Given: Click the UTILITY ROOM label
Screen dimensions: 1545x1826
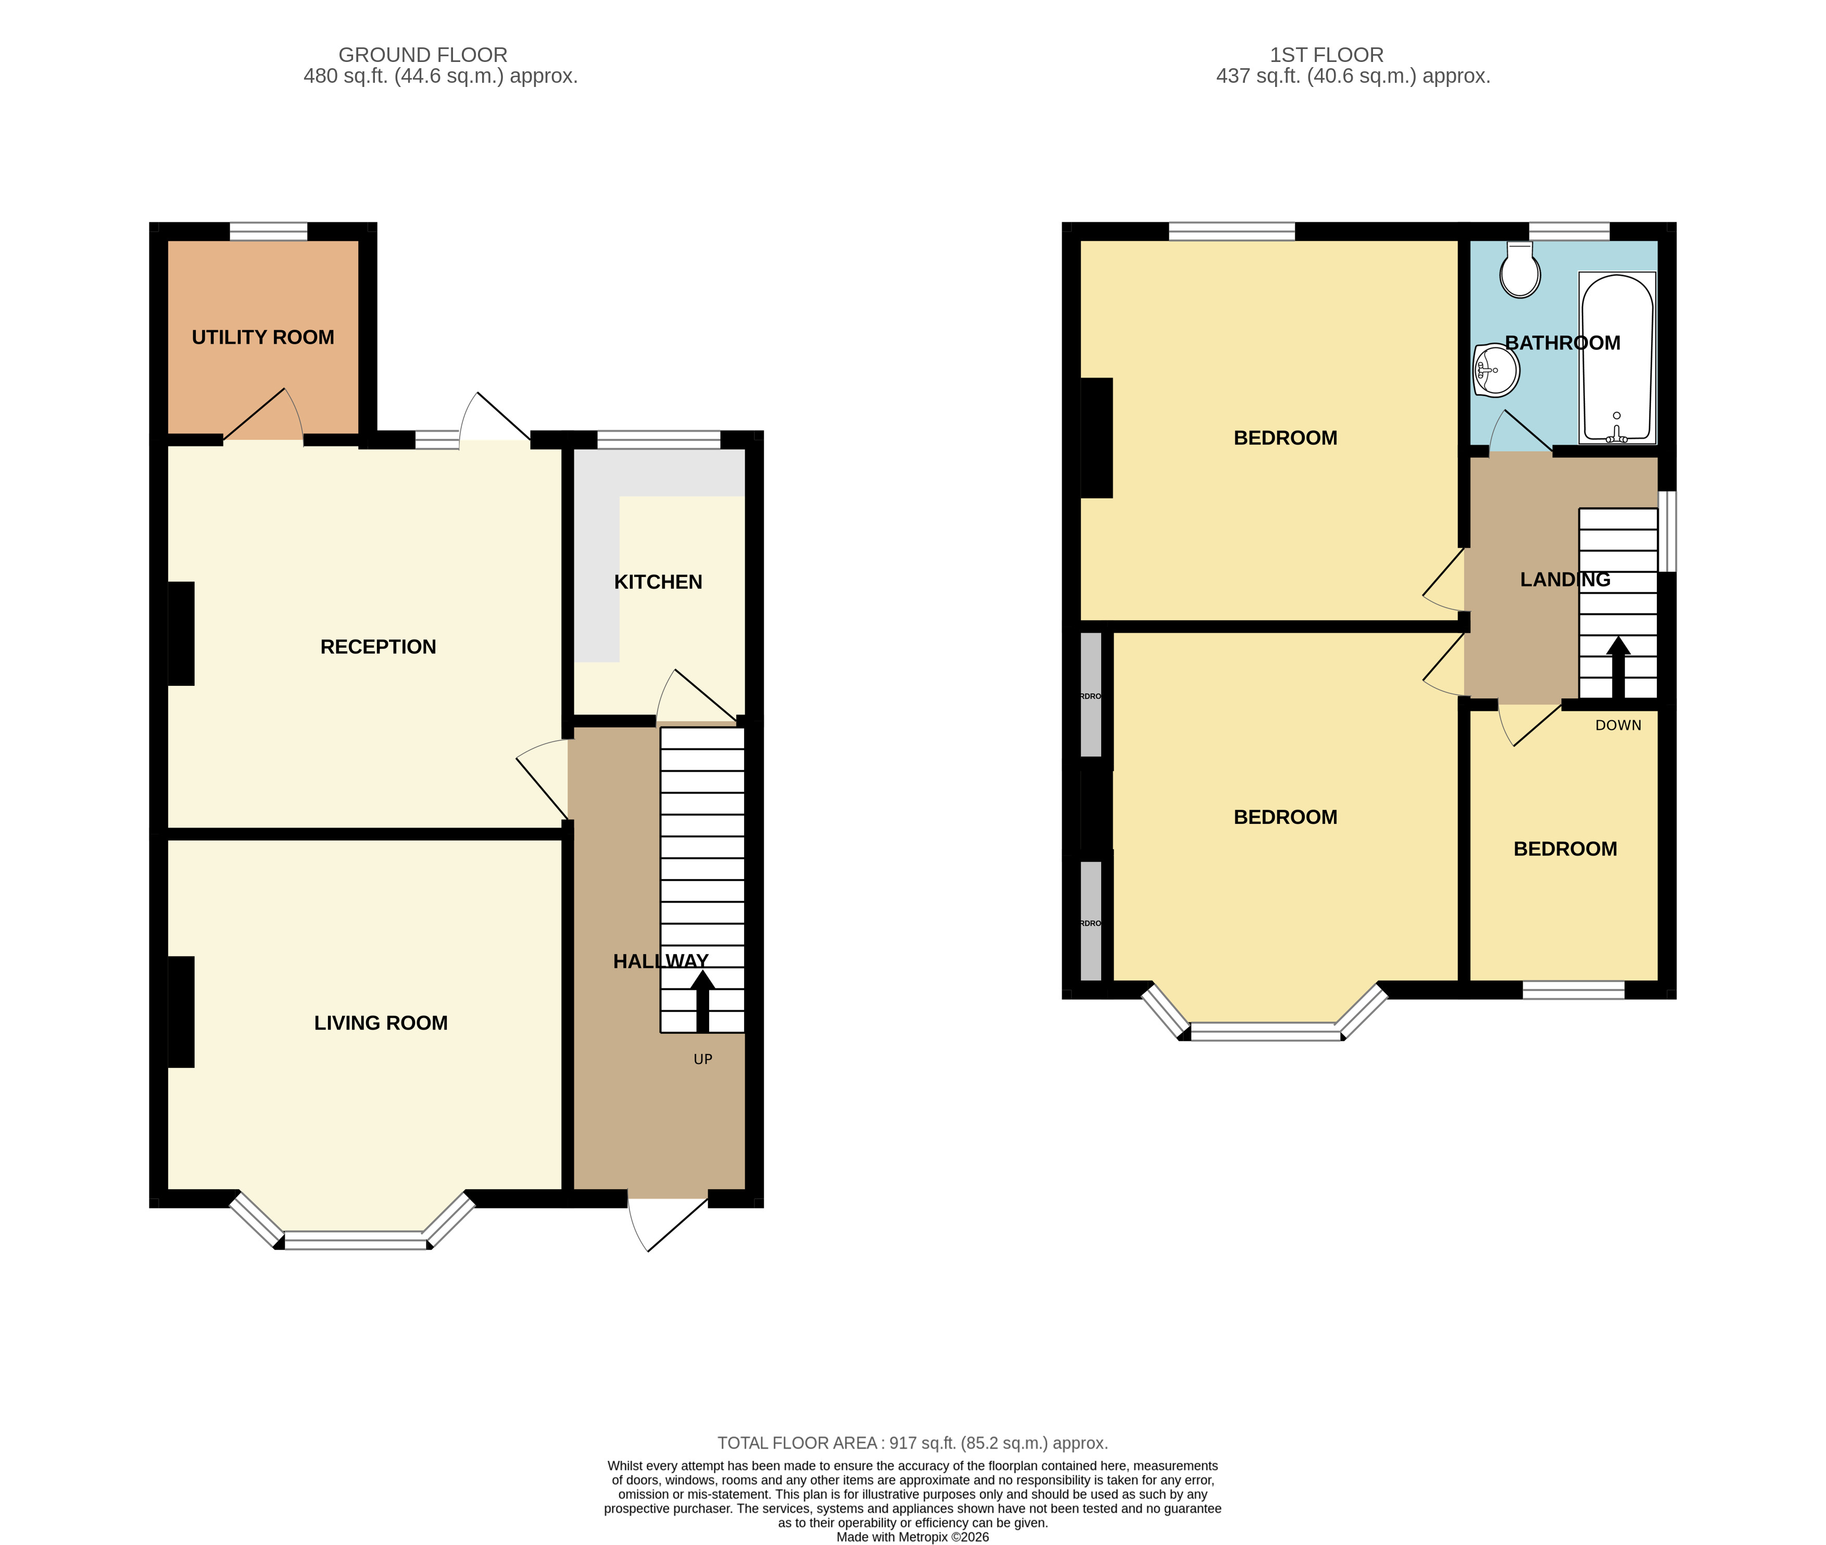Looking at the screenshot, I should pyautogui.click(x=263, y=337).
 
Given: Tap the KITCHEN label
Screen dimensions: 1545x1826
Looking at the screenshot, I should pyautogui.click(x=658, y=582).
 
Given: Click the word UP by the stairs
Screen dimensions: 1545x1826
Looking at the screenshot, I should pyautogui.click(x=702, y=1059).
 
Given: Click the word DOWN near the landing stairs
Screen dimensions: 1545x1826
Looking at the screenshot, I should pyautogui.click(x=1618, y=725).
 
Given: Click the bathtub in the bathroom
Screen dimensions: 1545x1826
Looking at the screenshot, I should pyautogui.click(x=1617, y=357).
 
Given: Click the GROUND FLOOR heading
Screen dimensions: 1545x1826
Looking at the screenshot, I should pyautogui.click(x=422, y=54).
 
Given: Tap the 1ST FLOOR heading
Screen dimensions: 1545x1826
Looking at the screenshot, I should pyautogui.click(x=1326, y=54).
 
